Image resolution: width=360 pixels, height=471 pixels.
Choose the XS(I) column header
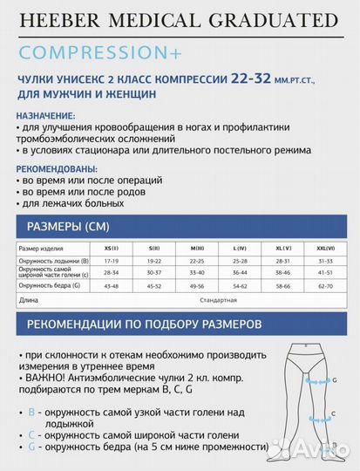[x=111, y=249]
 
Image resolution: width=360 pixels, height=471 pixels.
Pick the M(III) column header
[x=196, y=249]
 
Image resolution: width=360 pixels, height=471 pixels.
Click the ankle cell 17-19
[x=111, y=261]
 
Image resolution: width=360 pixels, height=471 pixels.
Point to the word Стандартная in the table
[x=218, y=300]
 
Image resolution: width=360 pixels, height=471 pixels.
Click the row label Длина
[x=27, y=300]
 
